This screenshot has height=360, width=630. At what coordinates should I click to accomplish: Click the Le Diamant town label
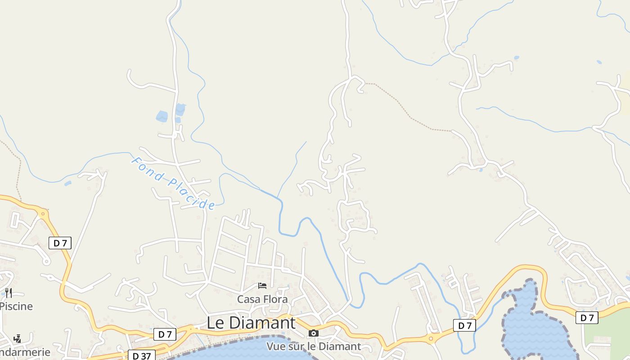click(251, 323)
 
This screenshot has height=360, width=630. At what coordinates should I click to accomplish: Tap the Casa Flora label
click(262, 299)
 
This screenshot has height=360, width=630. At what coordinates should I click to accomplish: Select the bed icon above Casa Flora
click(262, 286)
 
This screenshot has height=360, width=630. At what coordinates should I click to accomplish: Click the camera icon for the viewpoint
click(314, 333)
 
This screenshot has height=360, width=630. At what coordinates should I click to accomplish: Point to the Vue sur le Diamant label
click(314, 346)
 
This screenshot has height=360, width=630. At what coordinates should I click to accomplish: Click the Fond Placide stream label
click(173, 183)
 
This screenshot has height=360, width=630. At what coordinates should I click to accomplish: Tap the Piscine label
click(17, 306)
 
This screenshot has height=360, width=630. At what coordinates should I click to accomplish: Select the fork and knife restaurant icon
click(8, 293)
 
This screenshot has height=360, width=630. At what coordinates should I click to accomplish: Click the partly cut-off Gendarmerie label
click(25, 352)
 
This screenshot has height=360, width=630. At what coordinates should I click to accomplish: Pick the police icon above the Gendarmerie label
click(17, 338)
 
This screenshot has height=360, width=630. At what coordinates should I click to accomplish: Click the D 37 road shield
click(141, 355)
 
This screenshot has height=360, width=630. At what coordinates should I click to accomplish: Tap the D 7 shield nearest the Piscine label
click(60, 243)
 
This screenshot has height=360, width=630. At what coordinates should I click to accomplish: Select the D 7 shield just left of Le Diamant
click(165, 334)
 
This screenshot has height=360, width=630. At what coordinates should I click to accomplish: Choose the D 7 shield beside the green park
click(587, 318)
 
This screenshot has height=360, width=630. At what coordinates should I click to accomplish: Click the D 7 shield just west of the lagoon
click(464, 325)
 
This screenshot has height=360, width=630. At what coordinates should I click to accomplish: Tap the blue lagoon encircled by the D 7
click(533, 326)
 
